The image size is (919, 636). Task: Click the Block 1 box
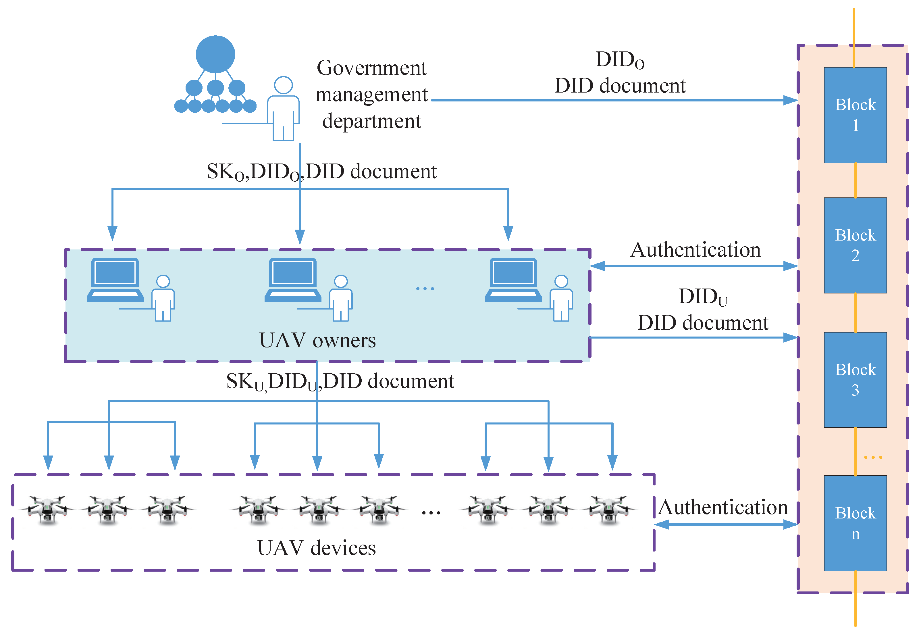pos(855,115)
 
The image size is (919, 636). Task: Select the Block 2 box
pos(855,245)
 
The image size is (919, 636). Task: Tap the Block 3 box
pos(855,380)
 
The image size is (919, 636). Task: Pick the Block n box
pos(855,523)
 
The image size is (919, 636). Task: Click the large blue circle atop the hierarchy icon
pos(215,55)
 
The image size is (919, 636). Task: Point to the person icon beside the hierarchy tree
pos(283,108)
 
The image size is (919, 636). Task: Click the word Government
pos(372,68)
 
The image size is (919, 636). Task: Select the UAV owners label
pos(317,340)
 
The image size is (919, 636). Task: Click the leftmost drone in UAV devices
pos(47,510)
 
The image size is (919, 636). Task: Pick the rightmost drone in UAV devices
pos(609,510)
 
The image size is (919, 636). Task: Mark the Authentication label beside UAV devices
pos(723,507)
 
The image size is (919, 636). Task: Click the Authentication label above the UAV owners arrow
pos(695,250)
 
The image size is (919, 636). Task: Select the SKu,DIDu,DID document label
pos(340,382)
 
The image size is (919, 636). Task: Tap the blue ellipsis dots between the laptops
pos(425,289)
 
